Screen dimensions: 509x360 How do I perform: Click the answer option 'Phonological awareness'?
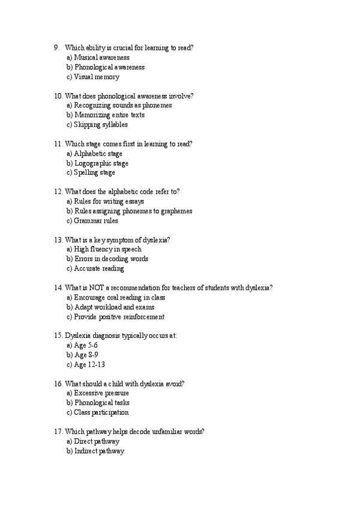pos(106,67)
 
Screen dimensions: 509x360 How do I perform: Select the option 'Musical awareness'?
pos(98,58)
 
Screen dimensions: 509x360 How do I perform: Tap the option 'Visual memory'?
pos(93,77)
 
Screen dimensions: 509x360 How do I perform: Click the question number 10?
pos(58,95)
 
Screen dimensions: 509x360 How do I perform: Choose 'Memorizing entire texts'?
pos(106,115)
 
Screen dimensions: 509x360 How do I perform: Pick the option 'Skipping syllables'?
pos(97,125)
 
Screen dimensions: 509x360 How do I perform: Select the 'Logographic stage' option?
pos(97,163)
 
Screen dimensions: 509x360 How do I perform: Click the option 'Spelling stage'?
pos(91,173)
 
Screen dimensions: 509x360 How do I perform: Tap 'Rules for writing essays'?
pos(105,202)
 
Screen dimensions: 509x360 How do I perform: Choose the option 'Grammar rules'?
pos(92,221)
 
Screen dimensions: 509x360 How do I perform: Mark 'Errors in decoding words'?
pos(107,259)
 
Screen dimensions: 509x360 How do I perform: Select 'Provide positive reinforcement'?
pos(115,317)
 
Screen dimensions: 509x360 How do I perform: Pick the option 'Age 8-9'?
pos(82,355)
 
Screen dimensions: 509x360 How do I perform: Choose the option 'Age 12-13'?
pos(86,365)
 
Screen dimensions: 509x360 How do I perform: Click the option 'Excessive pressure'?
pos(98,394)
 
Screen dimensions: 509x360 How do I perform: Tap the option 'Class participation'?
pos(98,413)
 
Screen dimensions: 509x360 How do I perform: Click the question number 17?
pos(58,432)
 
